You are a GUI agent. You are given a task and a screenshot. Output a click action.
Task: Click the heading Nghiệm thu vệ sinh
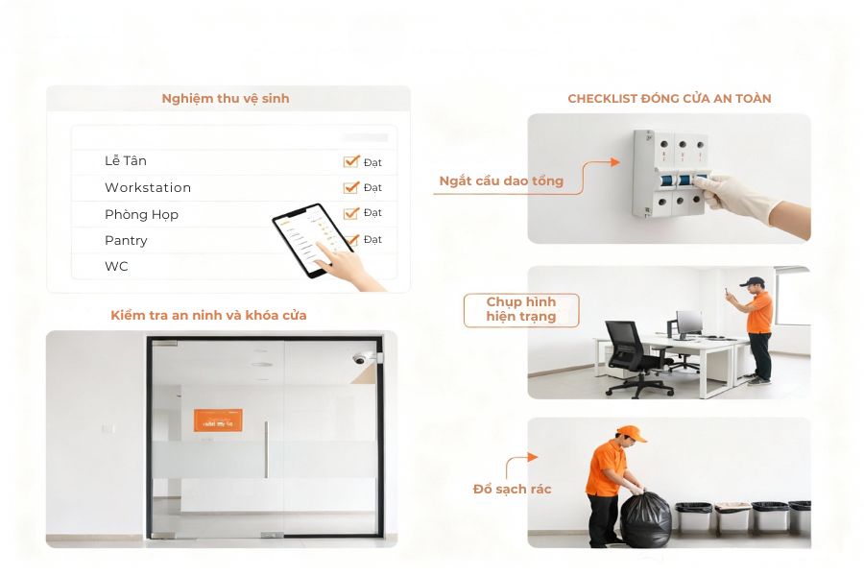pos(226,99)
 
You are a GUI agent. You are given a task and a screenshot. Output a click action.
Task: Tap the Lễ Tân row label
pos(126,161)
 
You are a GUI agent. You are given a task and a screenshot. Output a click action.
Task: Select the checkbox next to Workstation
pos(350,187)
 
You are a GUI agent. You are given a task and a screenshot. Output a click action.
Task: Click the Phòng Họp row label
pos(141,214)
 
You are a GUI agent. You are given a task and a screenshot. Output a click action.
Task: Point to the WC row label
pos(116,266)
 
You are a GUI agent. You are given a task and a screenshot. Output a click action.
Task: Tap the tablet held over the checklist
pos(306,242)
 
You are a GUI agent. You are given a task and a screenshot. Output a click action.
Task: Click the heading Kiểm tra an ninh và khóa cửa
pos(208,316)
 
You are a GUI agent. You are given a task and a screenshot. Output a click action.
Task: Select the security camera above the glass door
pos(362,358)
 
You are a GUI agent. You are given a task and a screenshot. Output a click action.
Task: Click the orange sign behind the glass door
pos(218,420)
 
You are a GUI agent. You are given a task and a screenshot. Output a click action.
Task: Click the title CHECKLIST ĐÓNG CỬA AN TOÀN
pos(669,99)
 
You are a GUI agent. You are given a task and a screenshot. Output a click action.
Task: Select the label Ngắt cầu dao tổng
pos(501,180)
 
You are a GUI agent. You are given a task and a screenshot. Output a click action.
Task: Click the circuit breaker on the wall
pos(669,173)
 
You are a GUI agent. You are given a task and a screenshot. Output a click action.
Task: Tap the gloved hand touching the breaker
pos(749,197)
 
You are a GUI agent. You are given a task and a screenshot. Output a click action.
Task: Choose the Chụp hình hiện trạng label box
pos(521,310)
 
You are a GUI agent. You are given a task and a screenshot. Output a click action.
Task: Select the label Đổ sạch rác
pos(513,490)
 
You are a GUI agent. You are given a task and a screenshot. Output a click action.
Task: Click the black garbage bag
pos(645,519)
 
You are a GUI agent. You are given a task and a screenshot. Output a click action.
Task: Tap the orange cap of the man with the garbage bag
pos(631,434)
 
